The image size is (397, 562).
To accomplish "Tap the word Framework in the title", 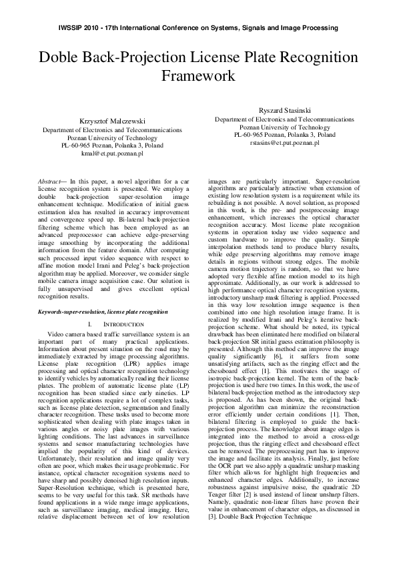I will [198, 76].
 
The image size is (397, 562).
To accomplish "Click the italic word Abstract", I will [51, 181].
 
